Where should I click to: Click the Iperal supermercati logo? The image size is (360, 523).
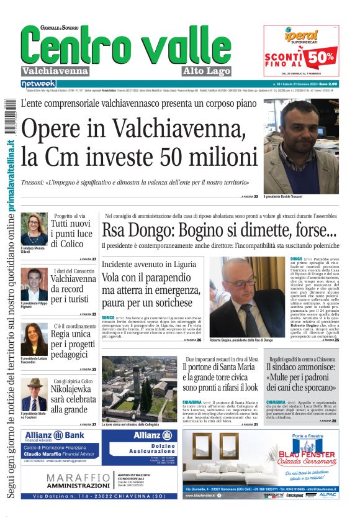(301, 37)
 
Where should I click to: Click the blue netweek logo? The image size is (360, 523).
(38, 83)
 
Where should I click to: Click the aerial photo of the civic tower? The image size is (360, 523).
(140, 388)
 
